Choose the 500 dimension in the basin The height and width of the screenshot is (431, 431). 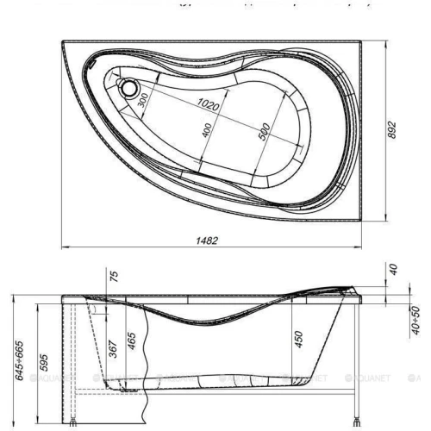[264, 132]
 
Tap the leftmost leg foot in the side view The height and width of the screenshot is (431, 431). [75, 398]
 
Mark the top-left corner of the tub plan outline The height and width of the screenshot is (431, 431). [64, 39]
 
